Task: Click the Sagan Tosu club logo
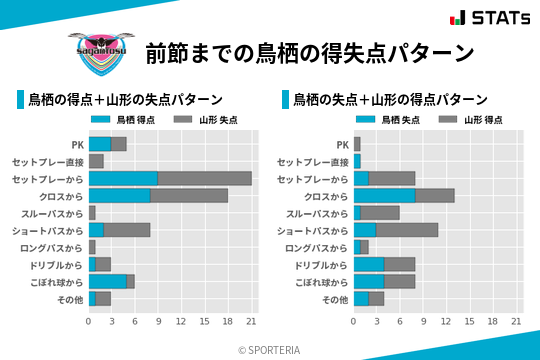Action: (x=95, y=51)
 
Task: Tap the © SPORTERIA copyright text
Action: (x=270, y=349)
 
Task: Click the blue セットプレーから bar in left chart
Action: (x=123, y=178)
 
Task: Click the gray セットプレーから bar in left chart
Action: (x=204, y=178)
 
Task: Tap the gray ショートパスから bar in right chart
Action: (x=407, y=230)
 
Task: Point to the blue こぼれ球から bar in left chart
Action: (x=107, y=281)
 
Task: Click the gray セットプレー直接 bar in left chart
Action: (x=96, y=161)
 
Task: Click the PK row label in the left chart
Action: (x=77, y=144)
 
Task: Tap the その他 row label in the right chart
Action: (x=332, y=299)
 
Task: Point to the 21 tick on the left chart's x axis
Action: (x=251, y=322)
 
